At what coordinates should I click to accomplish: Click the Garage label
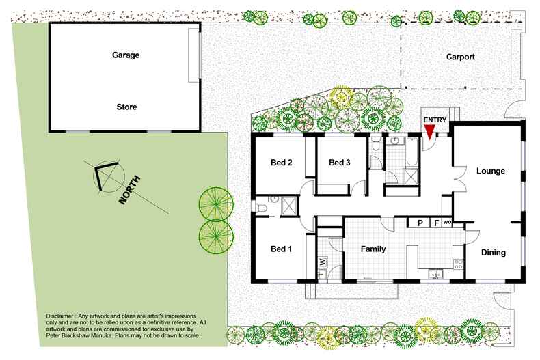click(x=125, y=56)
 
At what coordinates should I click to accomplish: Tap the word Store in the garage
click(x=126, y=107)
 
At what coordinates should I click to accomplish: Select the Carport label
click(x=460, y=57)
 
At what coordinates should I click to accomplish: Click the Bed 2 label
click(x=282, y=163)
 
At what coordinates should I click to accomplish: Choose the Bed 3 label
click(x=339, y=163)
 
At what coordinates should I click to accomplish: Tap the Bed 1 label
click(x=281, y=249)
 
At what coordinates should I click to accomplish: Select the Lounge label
click(x=490, y=171)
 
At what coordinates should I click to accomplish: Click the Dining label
click(x=492, y=253)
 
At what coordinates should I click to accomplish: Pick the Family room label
click(x=373, y=249)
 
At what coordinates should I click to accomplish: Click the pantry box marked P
click(x=420, y=223)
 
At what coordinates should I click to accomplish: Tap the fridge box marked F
click(x=435, y=223)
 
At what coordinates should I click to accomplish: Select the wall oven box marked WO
click(x=447, y=223)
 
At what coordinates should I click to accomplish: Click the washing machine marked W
click(x=321, y=262)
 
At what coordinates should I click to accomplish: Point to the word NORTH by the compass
click(x=130, y=189)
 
